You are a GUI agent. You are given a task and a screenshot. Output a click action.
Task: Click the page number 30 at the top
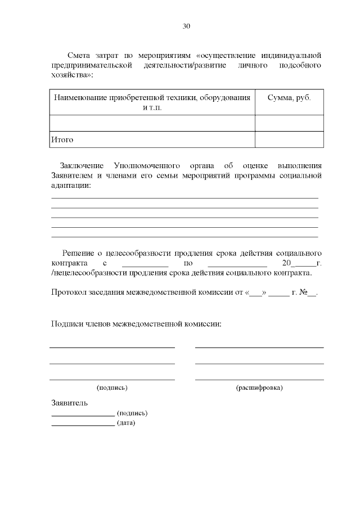(x=187, y=26)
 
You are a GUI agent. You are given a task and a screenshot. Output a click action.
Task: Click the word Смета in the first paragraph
(x=78, y=55)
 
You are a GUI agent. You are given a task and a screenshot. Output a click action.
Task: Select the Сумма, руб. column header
(x=289, y=97)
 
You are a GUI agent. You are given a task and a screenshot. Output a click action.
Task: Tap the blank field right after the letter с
(x=145, y=263)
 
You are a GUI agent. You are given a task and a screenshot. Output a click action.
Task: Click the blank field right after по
(x=237, y=263)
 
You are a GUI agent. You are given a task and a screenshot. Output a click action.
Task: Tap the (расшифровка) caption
(x=259, y=388)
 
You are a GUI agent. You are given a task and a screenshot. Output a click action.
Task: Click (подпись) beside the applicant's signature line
(x=132, y=413)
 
